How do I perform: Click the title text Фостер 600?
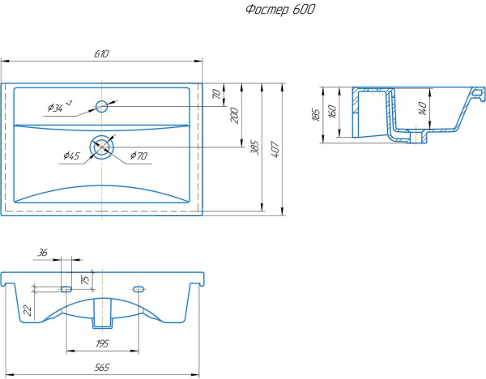[279, 10]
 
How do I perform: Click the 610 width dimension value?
[101, 53]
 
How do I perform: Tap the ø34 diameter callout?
[59, 106]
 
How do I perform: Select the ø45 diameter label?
[70, 157]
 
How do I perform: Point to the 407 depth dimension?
[276, 148]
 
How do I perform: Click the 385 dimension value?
[255, 147]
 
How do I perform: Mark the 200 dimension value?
[235, 114]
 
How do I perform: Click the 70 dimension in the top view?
[216, 94]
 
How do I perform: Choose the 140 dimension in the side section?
[422, 108]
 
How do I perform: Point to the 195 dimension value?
[102, 343]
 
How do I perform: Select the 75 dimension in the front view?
[85, 279]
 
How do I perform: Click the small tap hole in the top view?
[102, 105]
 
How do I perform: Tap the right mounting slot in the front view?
[139, 289]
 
